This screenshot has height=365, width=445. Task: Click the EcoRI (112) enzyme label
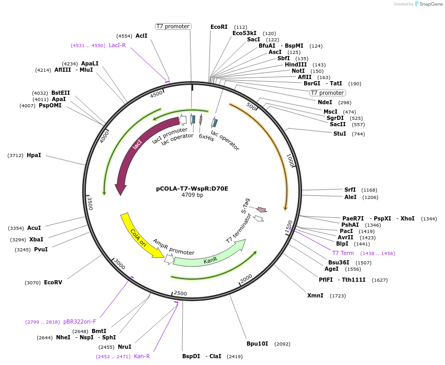pyautogui.click(x=219, y=27)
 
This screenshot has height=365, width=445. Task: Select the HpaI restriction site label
pyautogui.click(x=34, y=155)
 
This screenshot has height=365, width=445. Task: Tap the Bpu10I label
pyautogui.click(x=257, y=344)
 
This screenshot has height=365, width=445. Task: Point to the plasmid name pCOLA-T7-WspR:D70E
pyautogui.click(x=192, y=189)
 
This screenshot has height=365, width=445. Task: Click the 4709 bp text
pyautogui.click(x=192, y=195)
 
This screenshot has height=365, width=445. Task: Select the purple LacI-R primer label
pyautogui.click(x=117, y=45)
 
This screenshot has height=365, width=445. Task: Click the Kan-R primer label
pyautogui.click(x=142, y=356)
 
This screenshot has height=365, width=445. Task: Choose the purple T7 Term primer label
pyautogui.click(x=343, y=253)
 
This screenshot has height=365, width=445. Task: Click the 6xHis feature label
pyautogui.click(x=206, y=138)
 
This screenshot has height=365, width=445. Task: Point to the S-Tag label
pyautogui.click(x=247, y=205)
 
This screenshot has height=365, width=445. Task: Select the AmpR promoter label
pyautogui.click(x=174, y=248)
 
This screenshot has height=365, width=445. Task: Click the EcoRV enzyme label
pyautogui.click(x=53, y=282)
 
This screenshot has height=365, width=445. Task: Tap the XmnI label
pyautogui.click(x=315, y=295)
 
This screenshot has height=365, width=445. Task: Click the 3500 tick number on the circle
pyautogui.click(x=90, y=203)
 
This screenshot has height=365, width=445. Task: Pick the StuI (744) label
pyautogui.click(x=340, y=134)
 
